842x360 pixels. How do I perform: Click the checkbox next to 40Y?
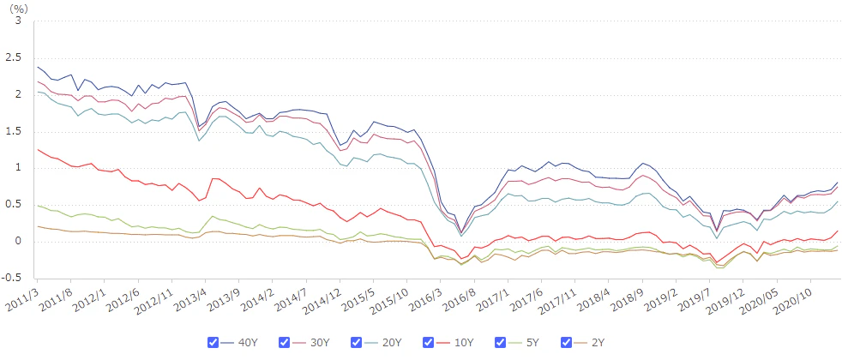(214, 342)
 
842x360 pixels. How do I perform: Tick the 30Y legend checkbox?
(285, 342)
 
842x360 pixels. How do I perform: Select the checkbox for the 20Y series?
(356, 342)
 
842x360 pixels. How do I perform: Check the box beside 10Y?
(426, 342)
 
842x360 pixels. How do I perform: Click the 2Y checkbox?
(566, 342)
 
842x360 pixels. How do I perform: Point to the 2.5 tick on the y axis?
(15, 57)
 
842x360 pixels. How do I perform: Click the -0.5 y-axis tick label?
(12, 278)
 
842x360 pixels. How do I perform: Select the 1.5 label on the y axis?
(15, 131)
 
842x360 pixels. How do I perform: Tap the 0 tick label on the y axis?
(20, 241)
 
